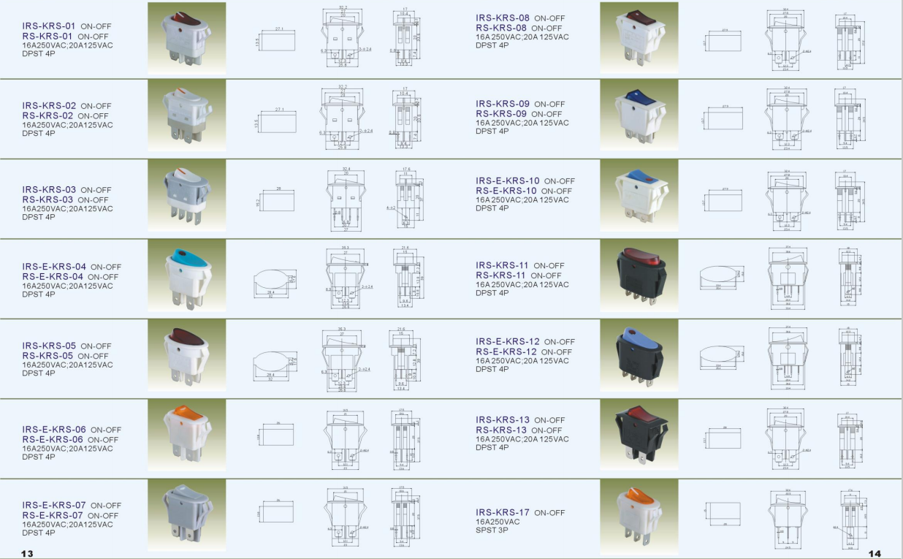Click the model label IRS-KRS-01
[48, 26]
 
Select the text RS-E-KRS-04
[53, 277]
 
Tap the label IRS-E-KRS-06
[53, 430]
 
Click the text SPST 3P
[492, 530]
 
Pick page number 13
[27, 553]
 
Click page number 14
[875, 553]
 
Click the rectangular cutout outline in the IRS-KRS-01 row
[278, 42]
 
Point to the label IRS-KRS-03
[48, 189]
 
